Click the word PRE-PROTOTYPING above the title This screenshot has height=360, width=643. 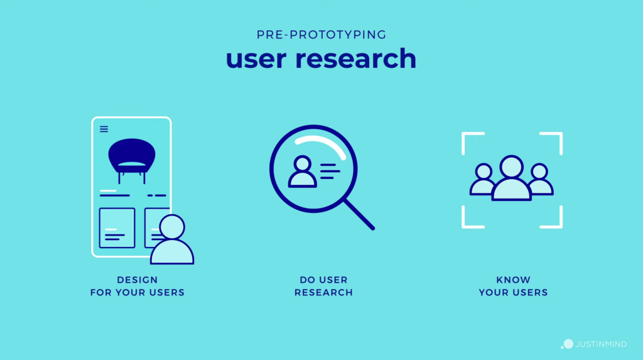click(321, 35)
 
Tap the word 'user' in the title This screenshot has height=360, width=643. click(256, 58)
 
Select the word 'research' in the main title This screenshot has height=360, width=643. click(355, 58)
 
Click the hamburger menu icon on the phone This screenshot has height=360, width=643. click(104, 129)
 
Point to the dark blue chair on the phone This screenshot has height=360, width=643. click(132, 160)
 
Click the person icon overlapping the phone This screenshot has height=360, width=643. click(172, 239)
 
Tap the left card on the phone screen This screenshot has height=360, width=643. click(117, 228)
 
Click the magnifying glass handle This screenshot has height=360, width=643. click(359, 215)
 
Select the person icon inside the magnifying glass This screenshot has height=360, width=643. click(302, 172)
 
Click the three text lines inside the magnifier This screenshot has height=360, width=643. click(330, 171)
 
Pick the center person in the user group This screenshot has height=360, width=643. click(511, 178)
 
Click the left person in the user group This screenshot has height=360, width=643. click(482, 179)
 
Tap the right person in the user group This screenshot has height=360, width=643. click(541, 179)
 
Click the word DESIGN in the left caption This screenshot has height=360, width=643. click(138, 280)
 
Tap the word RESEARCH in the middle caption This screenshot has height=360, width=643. click(323, 293)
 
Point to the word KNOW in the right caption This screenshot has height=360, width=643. click(514, 280)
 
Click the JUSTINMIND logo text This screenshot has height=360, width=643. click(601, 344)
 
